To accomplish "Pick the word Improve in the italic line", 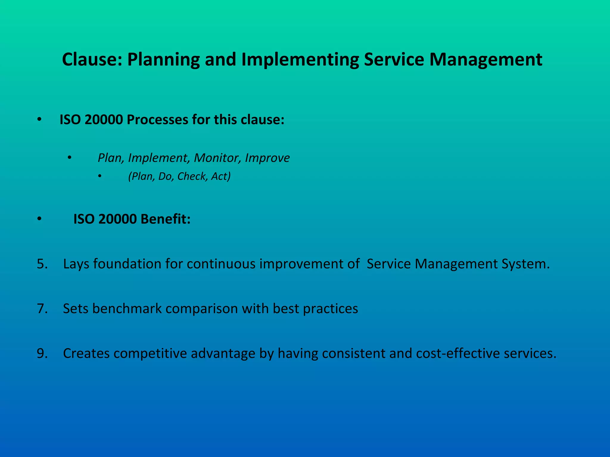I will [x=267, y=158].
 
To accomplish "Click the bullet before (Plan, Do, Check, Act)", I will [x=100, y=177].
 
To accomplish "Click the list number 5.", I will [x=42, y=264].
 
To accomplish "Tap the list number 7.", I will [x=42, y=309].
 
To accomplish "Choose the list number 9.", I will [x=42, y=353].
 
